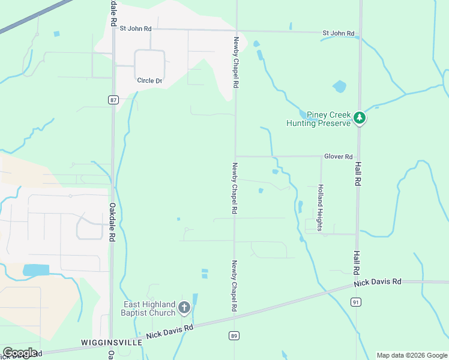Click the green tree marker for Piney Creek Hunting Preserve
click(360, 118)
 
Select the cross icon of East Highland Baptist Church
click(184, 308)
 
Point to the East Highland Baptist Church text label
click(149, 308)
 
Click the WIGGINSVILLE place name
click(111, 342)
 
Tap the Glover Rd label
click(338, 157)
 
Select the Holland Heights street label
click(321, 208)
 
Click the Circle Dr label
click(149, 81)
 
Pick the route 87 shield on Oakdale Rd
click(113, 100)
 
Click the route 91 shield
click(356, 302)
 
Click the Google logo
click(20, 353)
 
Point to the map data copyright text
click(411, 355)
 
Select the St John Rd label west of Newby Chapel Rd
click(136, 28)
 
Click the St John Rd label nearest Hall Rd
click(338, 33)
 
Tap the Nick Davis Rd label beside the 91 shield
click(377, 281)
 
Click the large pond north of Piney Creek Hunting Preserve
click(340, 86)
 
